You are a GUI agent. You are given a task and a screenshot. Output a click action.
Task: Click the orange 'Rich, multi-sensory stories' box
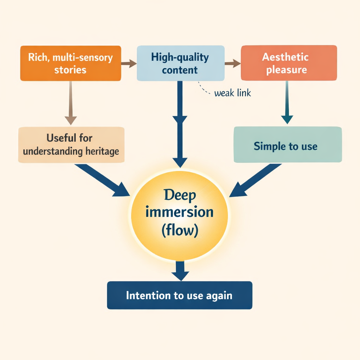[x=71, y=63]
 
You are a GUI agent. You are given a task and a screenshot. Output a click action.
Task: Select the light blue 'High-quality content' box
[x=180, y=63]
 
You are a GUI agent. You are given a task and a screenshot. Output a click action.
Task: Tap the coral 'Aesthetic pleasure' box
[x=289, y=63]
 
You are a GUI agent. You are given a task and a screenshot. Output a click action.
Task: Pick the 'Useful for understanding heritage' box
[x=71, y=144]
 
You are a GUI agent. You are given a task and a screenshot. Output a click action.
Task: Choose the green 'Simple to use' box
[x=288, y=144]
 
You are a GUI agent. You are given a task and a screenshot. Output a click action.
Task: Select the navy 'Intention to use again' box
[x=179, y=295]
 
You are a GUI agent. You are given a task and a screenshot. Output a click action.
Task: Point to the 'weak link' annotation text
[x=232, y=94]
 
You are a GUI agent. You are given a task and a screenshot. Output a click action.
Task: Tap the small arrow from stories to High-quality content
[x=129, y=64]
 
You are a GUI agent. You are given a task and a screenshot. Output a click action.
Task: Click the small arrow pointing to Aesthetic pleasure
[x=232, y=64]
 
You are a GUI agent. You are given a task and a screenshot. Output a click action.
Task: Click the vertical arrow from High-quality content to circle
[x=180, y=123]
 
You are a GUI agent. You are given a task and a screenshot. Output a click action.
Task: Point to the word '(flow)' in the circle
[x=180, y=231]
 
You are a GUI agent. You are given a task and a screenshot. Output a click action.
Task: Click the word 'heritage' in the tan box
[x=102, y=152]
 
